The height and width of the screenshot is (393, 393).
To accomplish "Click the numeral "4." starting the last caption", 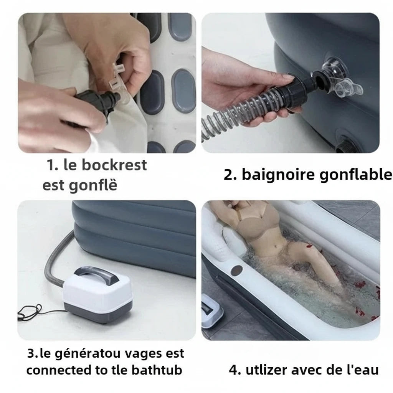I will (x=234, y=370).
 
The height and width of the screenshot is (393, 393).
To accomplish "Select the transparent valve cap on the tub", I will (x=347, y=90).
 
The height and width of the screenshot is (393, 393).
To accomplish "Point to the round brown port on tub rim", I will (x=237, y=269).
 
